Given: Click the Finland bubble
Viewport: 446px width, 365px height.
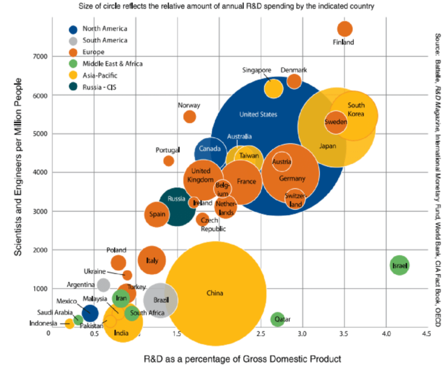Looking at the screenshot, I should click(x=344, y=29).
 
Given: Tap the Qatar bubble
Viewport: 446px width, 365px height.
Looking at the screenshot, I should click(x=277, y=319).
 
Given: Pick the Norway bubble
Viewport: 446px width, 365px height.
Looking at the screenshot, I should click(x=190, y=116).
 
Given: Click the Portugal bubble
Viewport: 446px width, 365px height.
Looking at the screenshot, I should click(x=168, y=161).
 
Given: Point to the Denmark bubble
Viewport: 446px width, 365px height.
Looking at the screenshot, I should click(x=294, y=81).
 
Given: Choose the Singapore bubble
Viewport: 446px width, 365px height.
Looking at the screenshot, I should click(x=273, y=88).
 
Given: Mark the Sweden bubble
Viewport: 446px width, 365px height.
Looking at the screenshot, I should click(x=336, y=122).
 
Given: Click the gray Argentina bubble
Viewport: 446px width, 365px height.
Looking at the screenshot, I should click(x=103, y=285).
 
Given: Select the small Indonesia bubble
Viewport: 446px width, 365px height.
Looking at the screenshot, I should click(x=69, y=324).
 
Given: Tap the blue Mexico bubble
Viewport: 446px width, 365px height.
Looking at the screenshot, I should click(x=90, y=313).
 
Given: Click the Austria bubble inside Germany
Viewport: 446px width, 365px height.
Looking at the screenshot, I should click(x=282, y=161).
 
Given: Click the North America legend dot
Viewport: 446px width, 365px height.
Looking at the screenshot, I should click(x=73, y=29).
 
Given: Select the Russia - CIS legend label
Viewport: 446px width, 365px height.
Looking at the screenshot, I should click(x=99, y=87).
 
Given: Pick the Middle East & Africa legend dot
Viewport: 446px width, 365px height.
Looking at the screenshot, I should click(x=73, y=64).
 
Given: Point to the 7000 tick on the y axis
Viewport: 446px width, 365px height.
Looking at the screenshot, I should click(x=40, y=56).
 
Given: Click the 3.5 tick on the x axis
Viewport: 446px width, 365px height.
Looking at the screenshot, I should click(x=344, y=334).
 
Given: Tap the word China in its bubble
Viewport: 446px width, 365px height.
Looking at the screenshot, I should click(x=215, y=293).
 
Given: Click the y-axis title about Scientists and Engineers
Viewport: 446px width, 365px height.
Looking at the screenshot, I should click(x=18, y=167).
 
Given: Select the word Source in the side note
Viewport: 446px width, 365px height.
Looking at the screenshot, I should click(x=438, y=45).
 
